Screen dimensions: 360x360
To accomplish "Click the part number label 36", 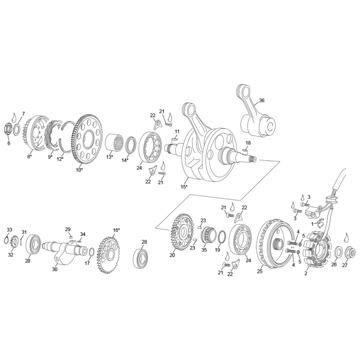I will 262,101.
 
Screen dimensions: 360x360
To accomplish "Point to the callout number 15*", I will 184,187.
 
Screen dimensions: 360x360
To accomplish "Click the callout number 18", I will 248,143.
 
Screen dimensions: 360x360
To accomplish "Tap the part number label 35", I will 204,250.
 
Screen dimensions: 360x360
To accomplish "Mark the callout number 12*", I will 60,159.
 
